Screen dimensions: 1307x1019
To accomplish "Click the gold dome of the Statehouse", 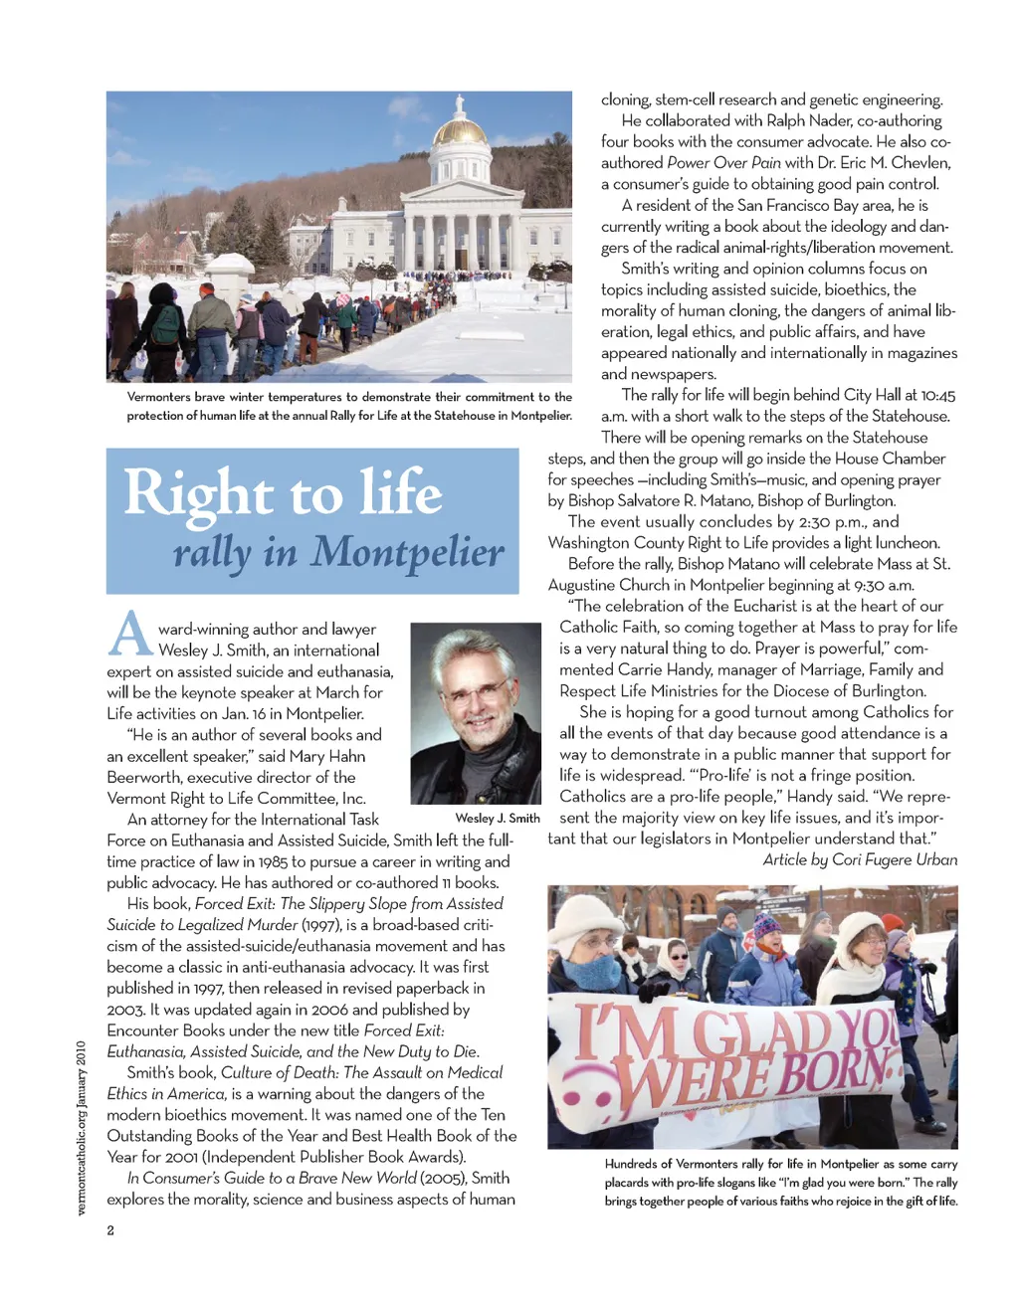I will (460, 130).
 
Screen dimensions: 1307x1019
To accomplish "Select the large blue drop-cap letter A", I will (130, 634).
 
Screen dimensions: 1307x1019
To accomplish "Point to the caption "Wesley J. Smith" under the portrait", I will (498, 818).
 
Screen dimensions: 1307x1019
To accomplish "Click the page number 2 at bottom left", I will (110, 1230).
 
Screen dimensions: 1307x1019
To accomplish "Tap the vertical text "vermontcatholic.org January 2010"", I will (82, 1127).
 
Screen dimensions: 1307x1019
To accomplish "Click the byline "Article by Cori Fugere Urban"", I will (860, 859).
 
